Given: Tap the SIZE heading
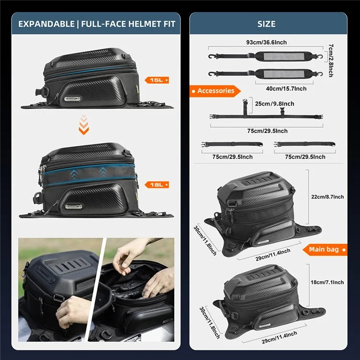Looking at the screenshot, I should (x=266, y=24).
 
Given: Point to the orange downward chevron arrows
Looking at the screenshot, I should (x=84, y=124).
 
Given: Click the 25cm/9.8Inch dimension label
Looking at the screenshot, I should (x=274, y=104).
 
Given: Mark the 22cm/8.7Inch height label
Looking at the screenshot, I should (x=327, y=197).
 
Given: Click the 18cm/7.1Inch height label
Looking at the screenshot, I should (x=327, y=283).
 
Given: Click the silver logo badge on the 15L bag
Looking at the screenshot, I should (x=73, y=98).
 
